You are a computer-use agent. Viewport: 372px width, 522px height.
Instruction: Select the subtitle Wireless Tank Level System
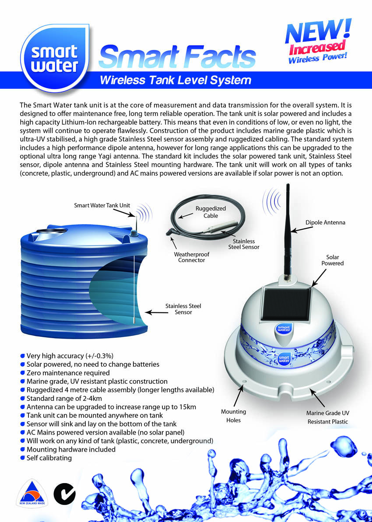click(175, 80)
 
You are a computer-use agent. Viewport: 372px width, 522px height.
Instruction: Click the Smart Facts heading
click(177, 56)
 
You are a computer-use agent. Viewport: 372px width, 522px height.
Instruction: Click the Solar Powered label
click(333, 260)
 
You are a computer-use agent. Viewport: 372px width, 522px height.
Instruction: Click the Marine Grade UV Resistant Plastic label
click(327, 417)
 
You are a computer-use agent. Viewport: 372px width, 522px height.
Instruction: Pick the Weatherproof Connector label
click(192, 257)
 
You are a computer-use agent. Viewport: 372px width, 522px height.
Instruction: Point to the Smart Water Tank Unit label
click(102, 205)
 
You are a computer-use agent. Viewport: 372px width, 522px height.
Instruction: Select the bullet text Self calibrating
click(49, 458)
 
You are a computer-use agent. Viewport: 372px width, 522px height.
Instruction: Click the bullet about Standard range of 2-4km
click(64, 398)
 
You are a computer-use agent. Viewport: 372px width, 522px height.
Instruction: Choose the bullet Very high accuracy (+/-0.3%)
click(70, 356)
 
